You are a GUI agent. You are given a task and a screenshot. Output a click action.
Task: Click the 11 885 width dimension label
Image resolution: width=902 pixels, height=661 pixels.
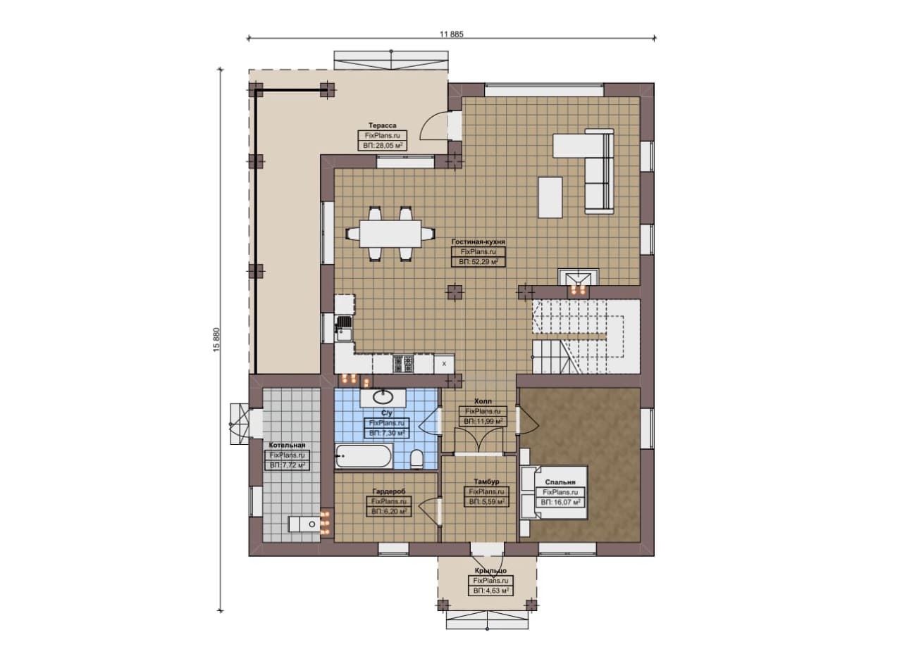(x=452, y=34)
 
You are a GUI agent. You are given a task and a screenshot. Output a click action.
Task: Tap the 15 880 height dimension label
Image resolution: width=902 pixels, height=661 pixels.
(x=216, y=340)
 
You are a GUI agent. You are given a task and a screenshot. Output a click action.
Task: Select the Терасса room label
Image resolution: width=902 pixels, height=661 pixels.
(x=382, y=125)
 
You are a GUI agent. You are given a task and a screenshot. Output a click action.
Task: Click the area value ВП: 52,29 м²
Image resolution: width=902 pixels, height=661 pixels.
(x=478, y=262)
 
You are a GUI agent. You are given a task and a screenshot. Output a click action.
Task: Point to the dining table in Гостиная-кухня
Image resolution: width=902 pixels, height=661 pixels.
(x=390, y=233)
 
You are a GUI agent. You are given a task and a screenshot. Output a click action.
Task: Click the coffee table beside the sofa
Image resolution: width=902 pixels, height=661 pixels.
(x=550, y=197)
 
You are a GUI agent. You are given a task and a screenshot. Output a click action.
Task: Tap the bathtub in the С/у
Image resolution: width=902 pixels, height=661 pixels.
(x=364, y=456)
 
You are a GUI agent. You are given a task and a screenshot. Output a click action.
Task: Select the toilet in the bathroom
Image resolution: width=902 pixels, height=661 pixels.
(x=416, y=459)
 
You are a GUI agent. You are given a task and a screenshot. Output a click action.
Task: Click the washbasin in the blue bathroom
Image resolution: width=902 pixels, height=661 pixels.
(x=383, y=398)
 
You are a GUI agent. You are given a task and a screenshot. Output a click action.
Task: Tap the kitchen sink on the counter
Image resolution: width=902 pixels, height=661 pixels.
(x=343, y=328)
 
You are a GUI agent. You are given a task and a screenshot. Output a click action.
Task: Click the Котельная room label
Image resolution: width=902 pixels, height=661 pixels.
(x=287, y=445)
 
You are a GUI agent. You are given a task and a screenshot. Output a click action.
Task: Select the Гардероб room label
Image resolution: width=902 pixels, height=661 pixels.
(x=388, y=491)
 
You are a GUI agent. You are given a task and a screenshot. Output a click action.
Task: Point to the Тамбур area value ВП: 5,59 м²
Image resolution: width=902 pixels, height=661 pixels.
(x=486, y=502)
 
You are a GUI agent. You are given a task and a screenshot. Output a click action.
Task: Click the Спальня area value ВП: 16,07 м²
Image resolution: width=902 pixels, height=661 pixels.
(x=560, y=502)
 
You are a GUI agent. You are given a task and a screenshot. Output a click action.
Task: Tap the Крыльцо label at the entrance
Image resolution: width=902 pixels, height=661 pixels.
(x=490, y=570)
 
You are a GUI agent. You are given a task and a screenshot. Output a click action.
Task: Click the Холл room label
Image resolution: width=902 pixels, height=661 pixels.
(x=483, y=401)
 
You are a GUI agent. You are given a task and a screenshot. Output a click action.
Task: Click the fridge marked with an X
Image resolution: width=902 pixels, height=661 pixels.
(x=444, y=364)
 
